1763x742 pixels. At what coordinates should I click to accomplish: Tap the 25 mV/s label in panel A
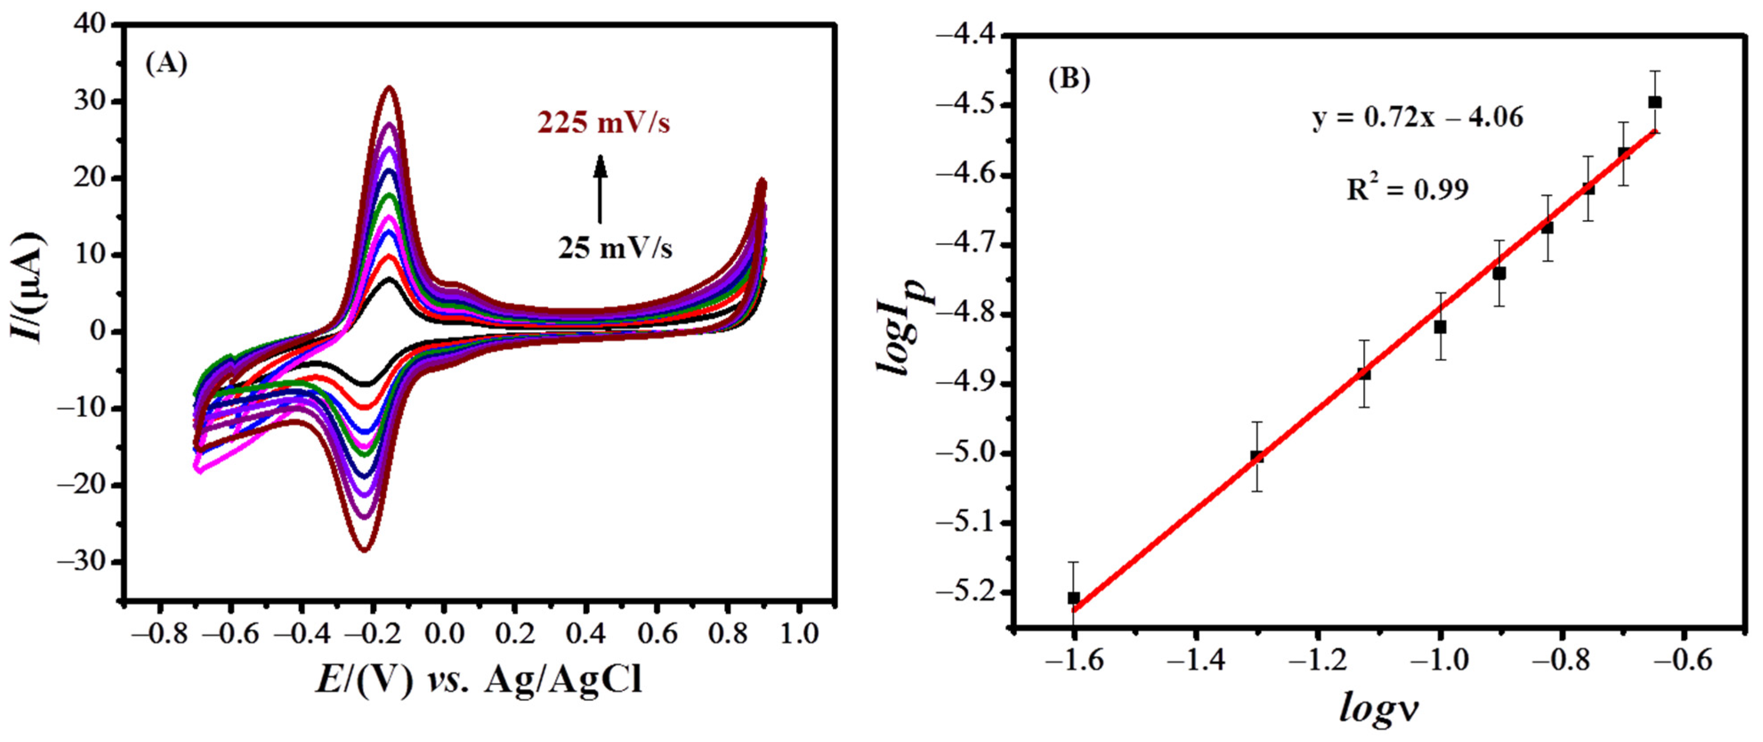point(615,248)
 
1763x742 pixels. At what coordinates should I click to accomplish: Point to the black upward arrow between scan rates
point(600,189)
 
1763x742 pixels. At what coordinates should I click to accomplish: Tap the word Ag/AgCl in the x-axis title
point(563,682)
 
